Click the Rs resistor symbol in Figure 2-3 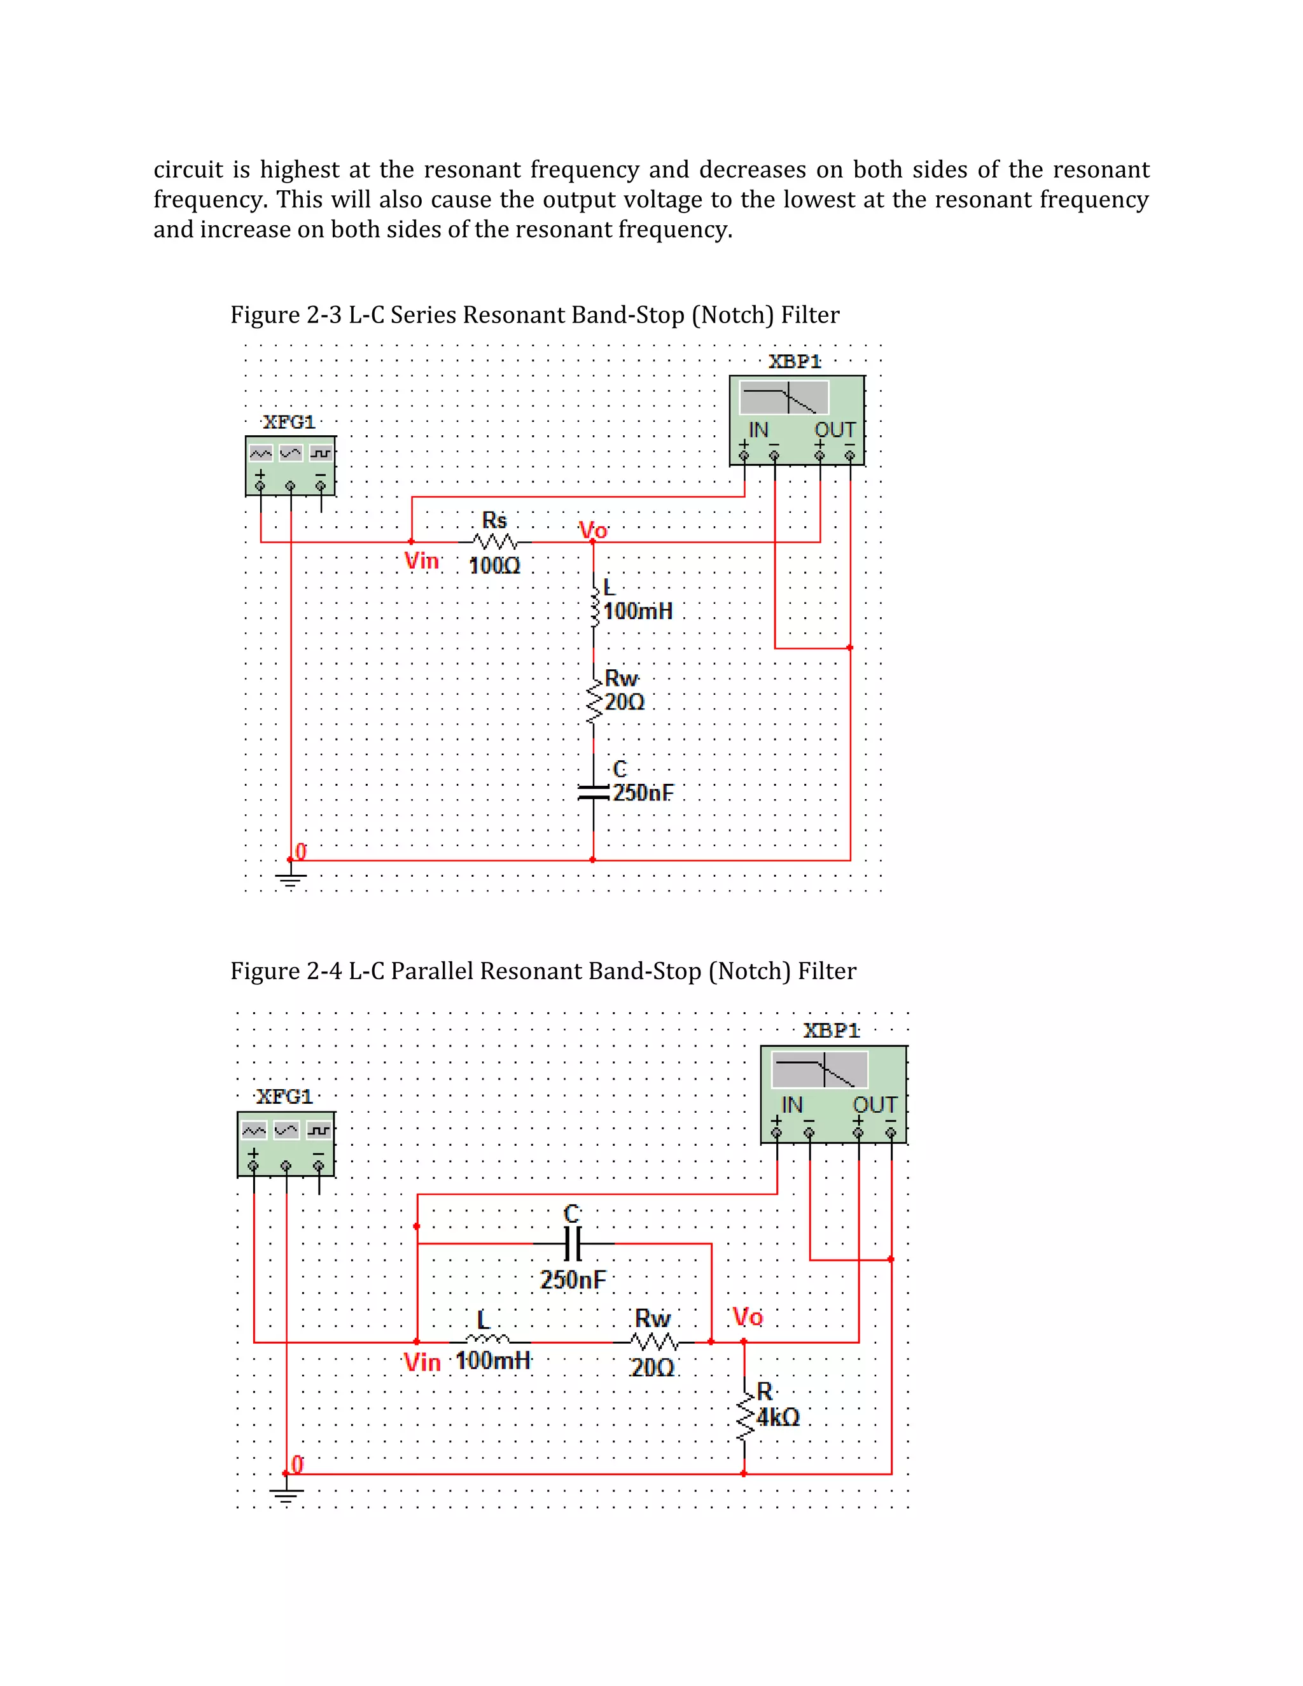coord(495,542)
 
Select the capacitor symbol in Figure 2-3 coord(593,791)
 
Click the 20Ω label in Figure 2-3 coord(624,702)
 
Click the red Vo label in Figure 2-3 coord(593,531)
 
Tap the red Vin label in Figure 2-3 coord(421,561)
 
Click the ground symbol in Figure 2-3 coord(290,878)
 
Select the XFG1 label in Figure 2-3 coord(289,422)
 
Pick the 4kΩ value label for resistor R coord(777,1418)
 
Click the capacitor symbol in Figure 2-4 coord(572,1244)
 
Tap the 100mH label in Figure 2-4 coord(493,1360)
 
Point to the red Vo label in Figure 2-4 coord(747,1316)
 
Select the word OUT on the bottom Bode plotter coord(874,1104)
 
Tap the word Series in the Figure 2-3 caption coord(423,315)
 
